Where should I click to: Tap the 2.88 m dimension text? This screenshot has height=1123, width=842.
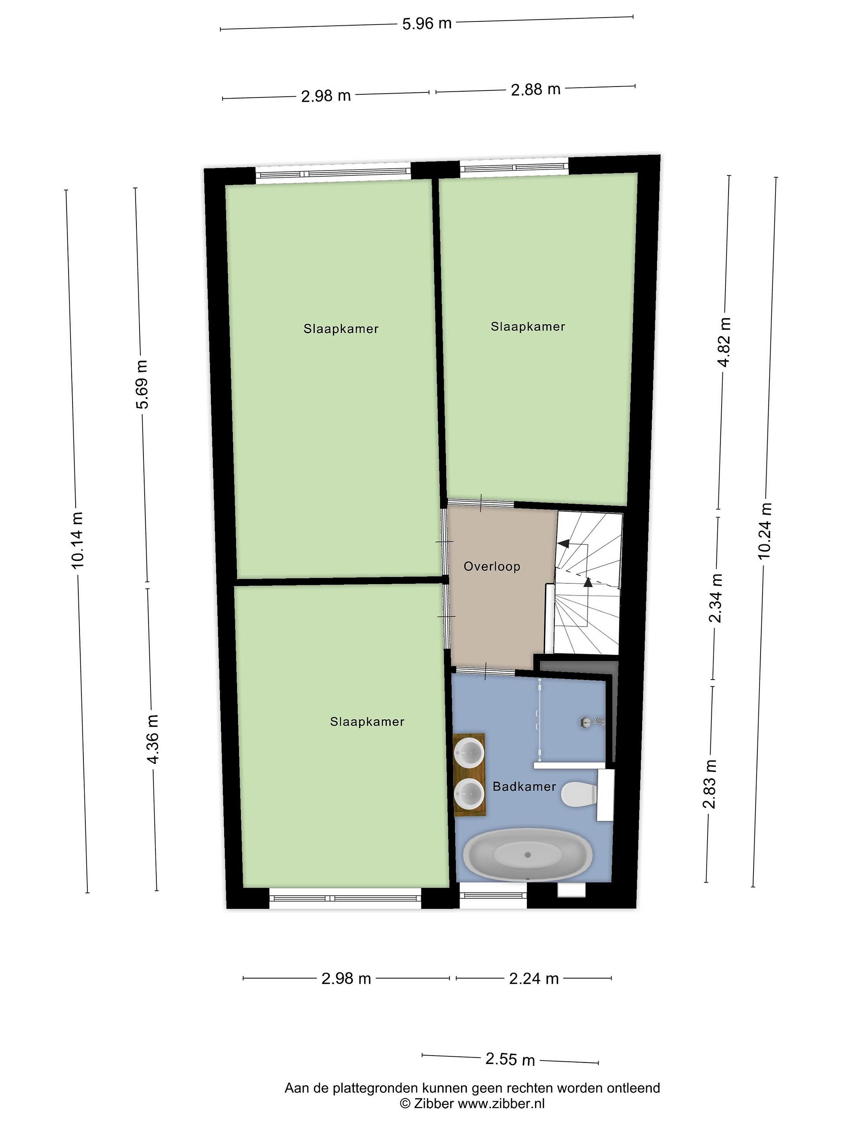(x=536, y=90)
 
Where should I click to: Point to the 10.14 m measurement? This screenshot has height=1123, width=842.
(x=78, y=540)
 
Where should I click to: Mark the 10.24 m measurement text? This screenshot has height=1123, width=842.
(x=765, y=531)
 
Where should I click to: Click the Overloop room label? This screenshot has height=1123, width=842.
(x=492, y=567)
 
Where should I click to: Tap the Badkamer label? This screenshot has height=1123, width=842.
(x=524, y=786)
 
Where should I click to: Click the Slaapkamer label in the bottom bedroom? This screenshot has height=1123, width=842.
(x=367, y=722)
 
